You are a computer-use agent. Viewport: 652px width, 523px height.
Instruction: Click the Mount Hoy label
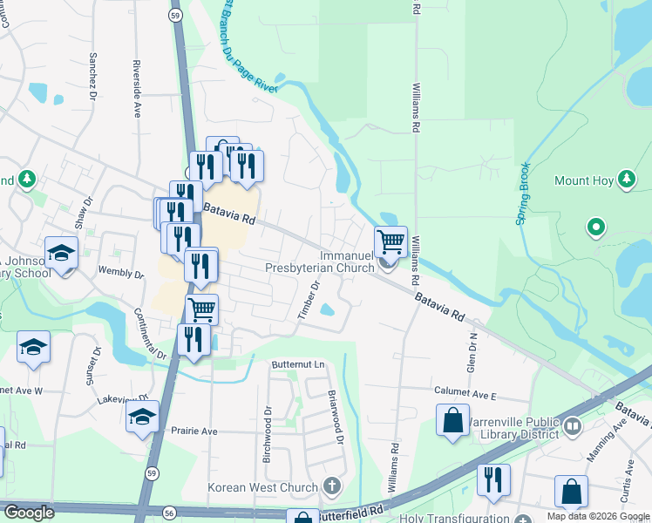point(584,181)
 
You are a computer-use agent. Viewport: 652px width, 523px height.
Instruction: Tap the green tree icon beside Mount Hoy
point(626,180)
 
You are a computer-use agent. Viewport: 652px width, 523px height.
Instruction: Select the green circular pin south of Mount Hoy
point(596,228)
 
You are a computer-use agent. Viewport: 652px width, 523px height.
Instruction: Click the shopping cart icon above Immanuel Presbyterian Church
point(391,241)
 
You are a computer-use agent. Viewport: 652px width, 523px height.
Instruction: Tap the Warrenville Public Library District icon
point(573,426)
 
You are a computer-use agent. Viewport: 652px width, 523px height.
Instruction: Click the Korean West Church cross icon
point(330,485)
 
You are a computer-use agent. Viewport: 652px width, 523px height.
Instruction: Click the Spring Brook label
point(524,194)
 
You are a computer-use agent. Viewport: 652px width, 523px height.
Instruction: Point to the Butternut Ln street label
point(297,363)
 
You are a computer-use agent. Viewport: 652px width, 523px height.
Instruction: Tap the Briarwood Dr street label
point(332,416)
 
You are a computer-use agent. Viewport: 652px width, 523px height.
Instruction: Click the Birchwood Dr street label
point(268,433)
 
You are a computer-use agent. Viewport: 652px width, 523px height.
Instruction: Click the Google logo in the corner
point(28,513)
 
